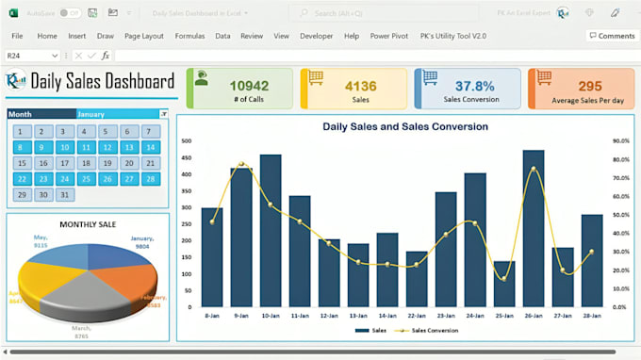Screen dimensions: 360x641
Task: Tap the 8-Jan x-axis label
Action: click(212, 315)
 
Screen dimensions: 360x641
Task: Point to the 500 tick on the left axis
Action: click(186, 141)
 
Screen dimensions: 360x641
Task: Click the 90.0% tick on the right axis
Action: click(620, 141)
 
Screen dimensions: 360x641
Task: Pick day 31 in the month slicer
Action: click(64, 195)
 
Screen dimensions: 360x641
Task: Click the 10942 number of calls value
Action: click(249, 86)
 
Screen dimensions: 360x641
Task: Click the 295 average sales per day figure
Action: click(590, 86)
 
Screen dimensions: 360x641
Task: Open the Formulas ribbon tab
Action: click(189, 36)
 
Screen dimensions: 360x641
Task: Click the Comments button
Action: click(611, 36)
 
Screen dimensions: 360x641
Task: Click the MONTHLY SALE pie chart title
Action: click(88, 224)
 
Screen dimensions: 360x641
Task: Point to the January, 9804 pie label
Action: click(141, 243)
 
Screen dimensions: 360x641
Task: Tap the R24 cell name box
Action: click(28, 56)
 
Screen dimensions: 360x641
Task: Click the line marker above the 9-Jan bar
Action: click(242, 165)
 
